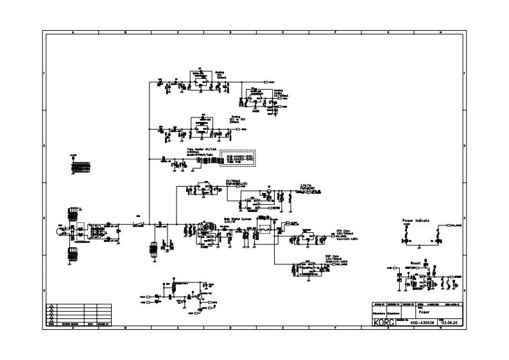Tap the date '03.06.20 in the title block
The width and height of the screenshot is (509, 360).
pos(447,323)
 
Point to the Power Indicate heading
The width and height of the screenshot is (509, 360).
pos(415,220)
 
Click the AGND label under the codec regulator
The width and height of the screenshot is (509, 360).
pos(254,110)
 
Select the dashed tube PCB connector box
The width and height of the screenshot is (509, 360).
pos(237,159)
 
